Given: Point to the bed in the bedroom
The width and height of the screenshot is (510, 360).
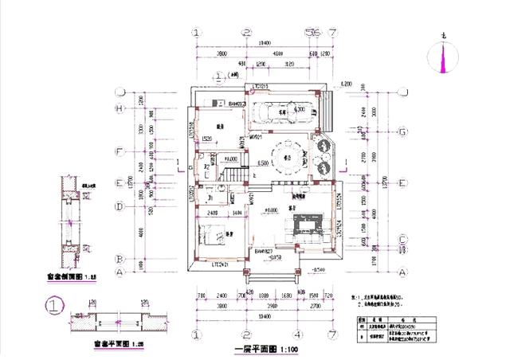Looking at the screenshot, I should point(212,236).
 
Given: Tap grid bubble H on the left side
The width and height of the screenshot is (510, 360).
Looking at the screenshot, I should point(120,108).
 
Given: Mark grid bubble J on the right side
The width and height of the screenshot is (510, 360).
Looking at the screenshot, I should point(403,92).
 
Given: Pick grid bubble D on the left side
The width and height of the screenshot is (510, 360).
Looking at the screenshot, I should point(120,207).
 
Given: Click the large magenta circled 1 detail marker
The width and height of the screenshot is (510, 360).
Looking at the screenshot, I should point(53,304).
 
